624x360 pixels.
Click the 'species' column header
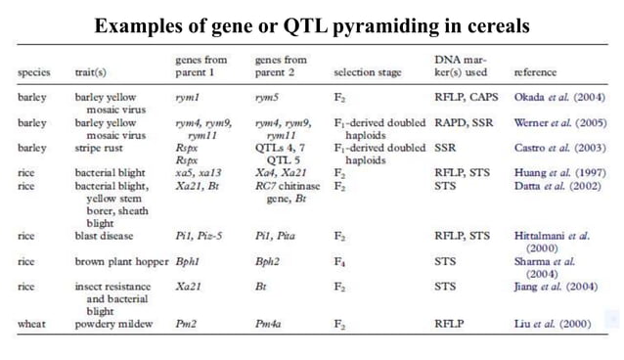[34, 72]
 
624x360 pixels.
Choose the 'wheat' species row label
[32, 323]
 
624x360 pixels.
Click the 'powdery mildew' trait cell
[113, 323]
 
